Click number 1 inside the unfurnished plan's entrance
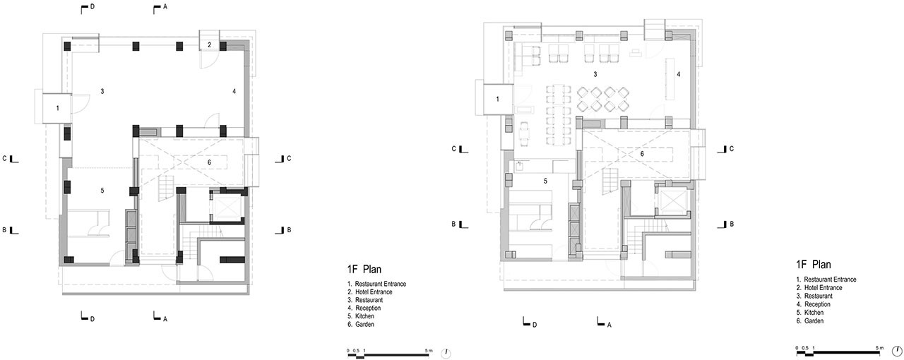click(x=58, y=107)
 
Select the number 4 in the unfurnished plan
click(x=234, y=91)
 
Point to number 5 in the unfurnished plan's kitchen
click(x=102, y=191)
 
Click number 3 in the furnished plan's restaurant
click(x=595, y=74)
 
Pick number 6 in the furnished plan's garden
click(x=642, y=154)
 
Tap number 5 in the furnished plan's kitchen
click(x=546, y=181)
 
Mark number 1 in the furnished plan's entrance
click(x=497, y=100)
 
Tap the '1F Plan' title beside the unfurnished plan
click(x=365, y=269)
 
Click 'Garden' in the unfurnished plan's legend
click(x=364, y=324)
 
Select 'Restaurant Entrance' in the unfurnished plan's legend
click(x=380, y=284)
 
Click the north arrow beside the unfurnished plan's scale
click(x=447, y=352)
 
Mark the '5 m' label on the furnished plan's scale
click(x=879, y=347)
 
